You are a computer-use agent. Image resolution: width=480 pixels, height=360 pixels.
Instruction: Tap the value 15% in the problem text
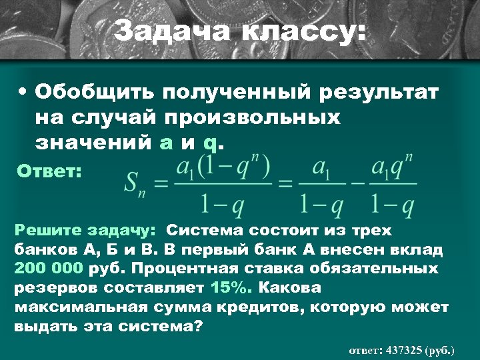230,289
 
